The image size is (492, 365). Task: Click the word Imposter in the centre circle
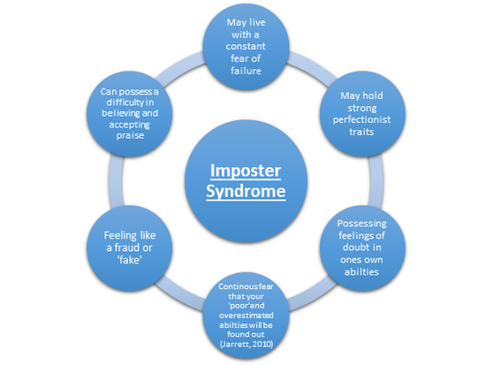pyautogui.click(x=246, y=171)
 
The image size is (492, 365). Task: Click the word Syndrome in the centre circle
pyautogui.click(x=246, y=192)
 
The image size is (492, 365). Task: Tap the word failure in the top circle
pyautogui.click(x=246, y=71)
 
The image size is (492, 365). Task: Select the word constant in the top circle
pyautogui.click(x=246, y=47)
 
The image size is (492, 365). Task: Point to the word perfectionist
pyautogui.click(x=362, y=120)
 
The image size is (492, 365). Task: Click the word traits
pyautogui.click(x=361, y=132)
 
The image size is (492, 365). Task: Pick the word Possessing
pyautogui.click(x=362, y=224)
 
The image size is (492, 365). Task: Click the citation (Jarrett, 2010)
pyautogui.click(x=246, y=345)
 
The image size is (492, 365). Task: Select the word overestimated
pyautogui.click(x=246, y=316)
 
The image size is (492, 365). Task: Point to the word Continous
pyautogui.click(x=234, y=286)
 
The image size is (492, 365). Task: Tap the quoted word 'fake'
pyautogui.click(x=129, y=260)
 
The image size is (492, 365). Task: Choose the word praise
pyautogui.click(x=130, y=136)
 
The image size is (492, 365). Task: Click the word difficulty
pyautogui.click(x=125, y=103)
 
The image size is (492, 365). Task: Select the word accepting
pyautogui.click(x=129, y=125)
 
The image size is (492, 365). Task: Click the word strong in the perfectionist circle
pyautogui.click(x=362, y=109)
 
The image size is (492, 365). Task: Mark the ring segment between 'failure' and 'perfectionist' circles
pyautogui.click(x=311, y=65)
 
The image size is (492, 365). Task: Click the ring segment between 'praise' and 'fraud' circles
pyautogui.click(x=116, y=181)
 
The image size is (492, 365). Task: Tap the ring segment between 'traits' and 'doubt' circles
pyautogui.click(x=376, y=181)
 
